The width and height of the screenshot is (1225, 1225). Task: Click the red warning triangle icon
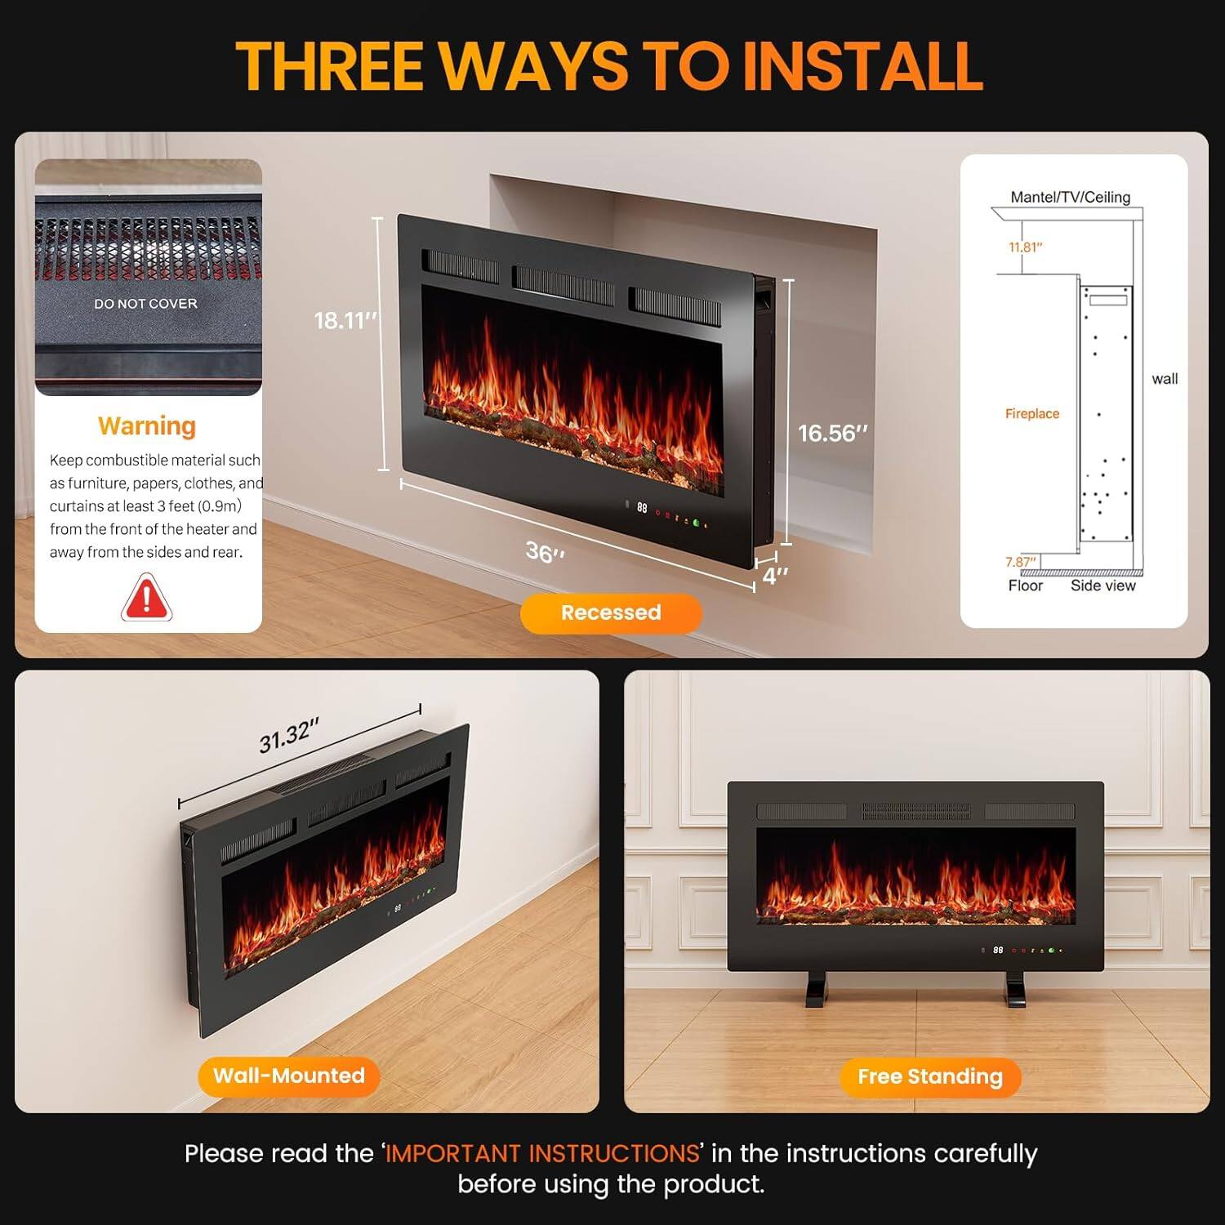pyautogui.click(x=146, y=598)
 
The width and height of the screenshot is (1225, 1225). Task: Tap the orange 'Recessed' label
pyautogui.click(x=611, y=612)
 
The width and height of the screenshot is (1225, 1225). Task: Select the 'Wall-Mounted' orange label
pyautogui.click(x=288, y=1076)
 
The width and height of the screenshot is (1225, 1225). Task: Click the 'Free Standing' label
pyautogui.click(x=930, y=1076)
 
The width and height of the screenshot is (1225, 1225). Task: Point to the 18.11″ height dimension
pyautogui.click(x=345, y=320)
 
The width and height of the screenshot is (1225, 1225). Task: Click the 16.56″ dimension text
pyautogui.click(x=832, y=433)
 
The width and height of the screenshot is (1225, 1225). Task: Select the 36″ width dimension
pyautogui.click(x=545, y=553)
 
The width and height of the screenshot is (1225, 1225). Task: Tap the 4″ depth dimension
pyautogui.click(x=775, y=576)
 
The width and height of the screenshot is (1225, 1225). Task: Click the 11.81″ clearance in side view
pyautogui.click(x=1025, y=247)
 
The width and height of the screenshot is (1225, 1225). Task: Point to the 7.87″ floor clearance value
pyautogui.click(x=1020, y=562)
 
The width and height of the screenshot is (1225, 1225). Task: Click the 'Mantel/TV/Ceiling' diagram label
pyautogui.click(x=1070, y=197)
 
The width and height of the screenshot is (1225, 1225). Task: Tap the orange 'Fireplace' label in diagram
pyautogui.click(x=1031, y=414)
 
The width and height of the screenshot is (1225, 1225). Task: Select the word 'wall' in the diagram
pyautogui.click(x=1165, y=379)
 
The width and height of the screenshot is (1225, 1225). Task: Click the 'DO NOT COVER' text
pyautogui.click(x=145, y=304)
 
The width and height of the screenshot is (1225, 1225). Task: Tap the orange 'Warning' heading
pyautogui.click(x=147, y=426)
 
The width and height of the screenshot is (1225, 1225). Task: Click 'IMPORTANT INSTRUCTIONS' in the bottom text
pyautogui.click(x=542, y=1153)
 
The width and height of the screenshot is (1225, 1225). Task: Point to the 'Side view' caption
pyautogui.click(x=1102, y=586)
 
